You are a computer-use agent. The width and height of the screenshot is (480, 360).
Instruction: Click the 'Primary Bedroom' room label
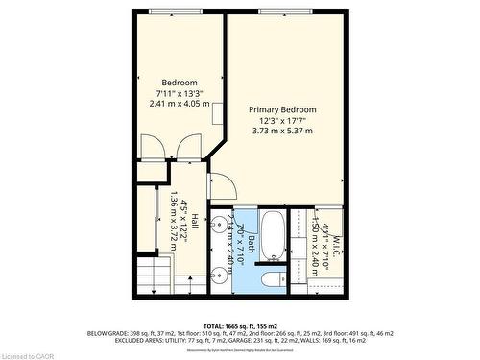(282, 110)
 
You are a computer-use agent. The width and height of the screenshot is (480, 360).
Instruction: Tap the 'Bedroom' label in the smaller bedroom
(179, 82)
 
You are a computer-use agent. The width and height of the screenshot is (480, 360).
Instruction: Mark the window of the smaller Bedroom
(177, 11)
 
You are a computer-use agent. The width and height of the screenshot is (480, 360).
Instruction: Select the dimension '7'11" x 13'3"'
(179, 92)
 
